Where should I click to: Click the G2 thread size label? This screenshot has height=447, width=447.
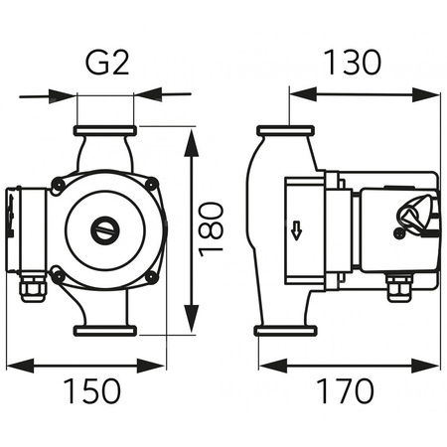tap(106, 63)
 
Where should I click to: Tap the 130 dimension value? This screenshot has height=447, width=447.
tap(353, 62)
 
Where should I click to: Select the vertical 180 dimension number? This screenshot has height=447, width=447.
tap(211, 229)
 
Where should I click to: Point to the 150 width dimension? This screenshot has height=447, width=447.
tap(92, 390)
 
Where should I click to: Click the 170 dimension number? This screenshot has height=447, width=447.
tap(345, 390)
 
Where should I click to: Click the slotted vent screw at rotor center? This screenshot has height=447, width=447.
tap(104, 229)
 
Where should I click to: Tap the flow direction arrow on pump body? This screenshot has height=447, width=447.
tap(296, 231)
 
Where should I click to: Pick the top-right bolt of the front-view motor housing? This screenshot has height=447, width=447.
tap(152, 183)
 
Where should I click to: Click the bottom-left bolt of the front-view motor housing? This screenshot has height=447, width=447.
tap(59, 276)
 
